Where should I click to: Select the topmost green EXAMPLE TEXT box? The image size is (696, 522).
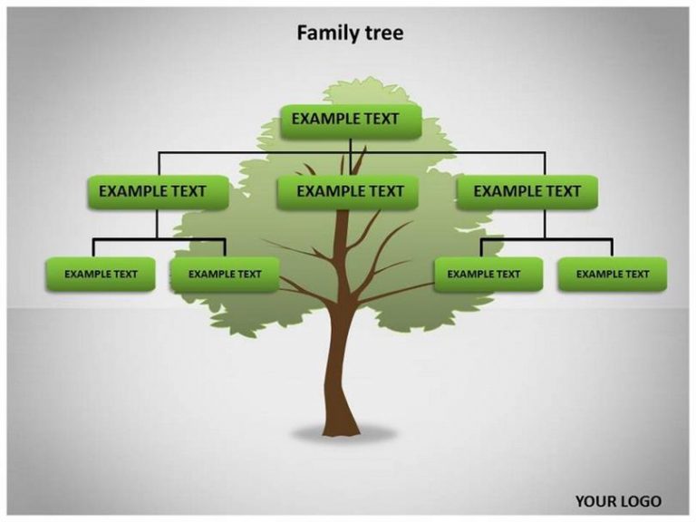351,121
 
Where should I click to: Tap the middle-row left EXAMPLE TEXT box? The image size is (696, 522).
158,192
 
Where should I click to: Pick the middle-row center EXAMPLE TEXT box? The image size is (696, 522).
348,192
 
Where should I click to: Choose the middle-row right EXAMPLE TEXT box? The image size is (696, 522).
527,192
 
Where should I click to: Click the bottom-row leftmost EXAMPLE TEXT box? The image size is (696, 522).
101,275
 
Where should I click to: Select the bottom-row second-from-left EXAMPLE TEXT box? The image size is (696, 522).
225,275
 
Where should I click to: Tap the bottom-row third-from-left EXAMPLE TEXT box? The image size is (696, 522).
488,275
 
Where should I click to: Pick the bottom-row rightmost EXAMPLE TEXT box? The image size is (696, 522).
613,275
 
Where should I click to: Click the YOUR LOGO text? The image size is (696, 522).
618,501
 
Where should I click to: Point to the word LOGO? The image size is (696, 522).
640,501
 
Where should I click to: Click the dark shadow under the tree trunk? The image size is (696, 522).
343,434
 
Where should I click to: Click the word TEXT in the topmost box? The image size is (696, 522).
382,119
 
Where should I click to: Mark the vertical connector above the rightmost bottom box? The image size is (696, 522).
612,248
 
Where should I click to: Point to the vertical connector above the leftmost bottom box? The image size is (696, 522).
93,248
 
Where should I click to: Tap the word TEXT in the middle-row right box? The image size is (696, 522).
564,191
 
